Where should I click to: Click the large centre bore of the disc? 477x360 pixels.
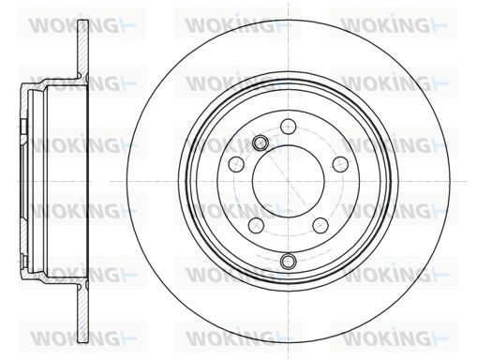[289, 182]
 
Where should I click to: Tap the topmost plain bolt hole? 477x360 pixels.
[288, 127]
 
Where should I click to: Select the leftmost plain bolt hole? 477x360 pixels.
[236, 164]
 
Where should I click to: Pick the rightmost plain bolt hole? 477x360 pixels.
[340, 164]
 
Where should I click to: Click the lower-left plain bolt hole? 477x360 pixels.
[257, 225]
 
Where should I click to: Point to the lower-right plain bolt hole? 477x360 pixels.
[320, 225]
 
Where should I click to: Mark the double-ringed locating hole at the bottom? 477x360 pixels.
[288, 261]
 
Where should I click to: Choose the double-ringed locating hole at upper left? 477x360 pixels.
[260, 142]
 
